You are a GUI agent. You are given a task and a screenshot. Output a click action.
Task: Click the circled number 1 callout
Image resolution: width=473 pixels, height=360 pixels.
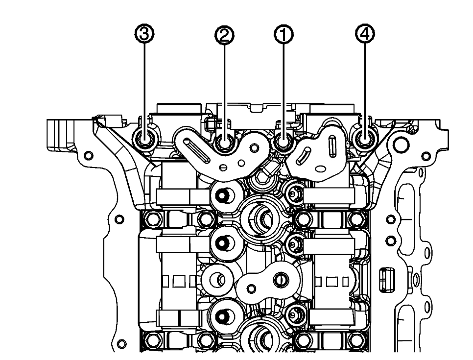[x=284, y=34]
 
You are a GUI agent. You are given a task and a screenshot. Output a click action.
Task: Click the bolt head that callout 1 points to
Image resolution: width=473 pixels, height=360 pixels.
[x=284, y=143]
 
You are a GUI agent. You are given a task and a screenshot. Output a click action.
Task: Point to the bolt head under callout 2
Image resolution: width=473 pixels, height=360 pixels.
[x=225, y=144]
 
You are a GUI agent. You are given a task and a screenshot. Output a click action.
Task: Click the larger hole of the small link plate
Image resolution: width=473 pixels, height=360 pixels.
[x=280, y=280]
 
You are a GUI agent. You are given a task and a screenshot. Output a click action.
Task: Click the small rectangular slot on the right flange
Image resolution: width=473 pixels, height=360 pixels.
[x=386, y=275]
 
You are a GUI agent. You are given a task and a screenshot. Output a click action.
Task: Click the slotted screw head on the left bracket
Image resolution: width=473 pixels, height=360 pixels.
[x=223, y=168]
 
